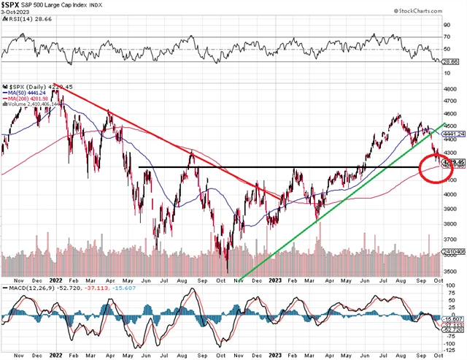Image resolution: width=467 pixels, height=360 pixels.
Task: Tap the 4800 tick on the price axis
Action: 450,89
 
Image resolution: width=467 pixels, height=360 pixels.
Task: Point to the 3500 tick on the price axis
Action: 450,270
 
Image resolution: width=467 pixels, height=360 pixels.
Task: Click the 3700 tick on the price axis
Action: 450,239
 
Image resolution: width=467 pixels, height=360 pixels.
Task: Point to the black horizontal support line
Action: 219,168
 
